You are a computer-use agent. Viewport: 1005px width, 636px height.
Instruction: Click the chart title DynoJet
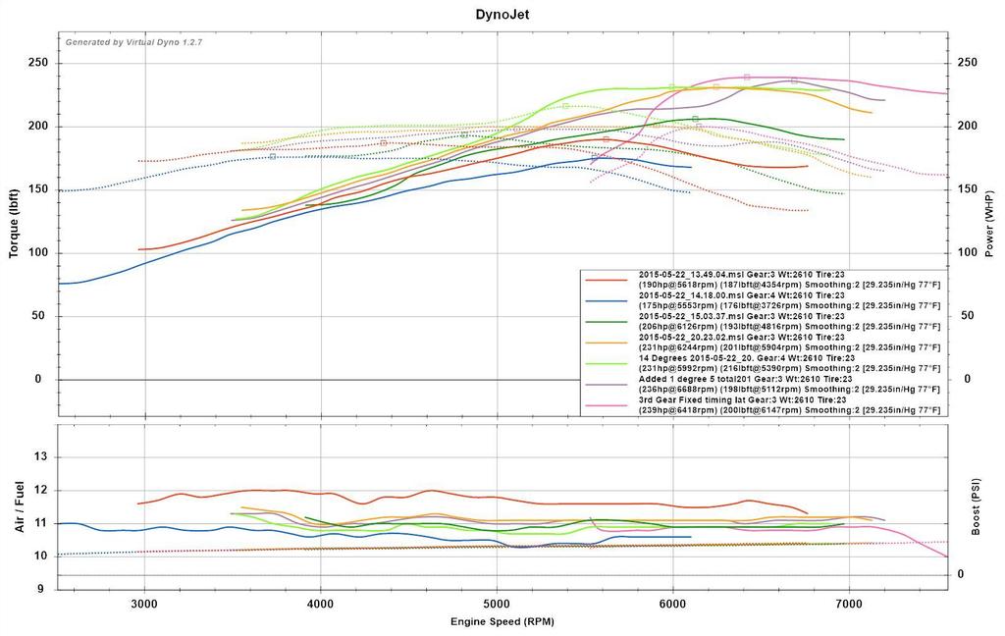(x=502, y=15)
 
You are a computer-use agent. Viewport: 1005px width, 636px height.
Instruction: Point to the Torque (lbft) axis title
(x=14, y=224)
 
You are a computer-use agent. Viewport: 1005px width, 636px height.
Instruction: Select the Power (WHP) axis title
(x=990, y=224)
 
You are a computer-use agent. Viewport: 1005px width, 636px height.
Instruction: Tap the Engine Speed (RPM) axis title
(x=502, y=622)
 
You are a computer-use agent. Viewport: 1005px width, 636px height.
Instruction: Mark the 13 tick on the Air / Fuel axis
(x=41, y=457)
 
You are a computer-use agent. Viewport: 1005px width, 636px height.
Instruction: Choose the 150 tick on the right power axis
(x=969, y=189)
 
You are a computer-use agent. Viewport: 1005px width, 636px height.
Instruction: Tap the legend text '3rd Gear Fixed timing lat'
(x=701, y=399)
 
